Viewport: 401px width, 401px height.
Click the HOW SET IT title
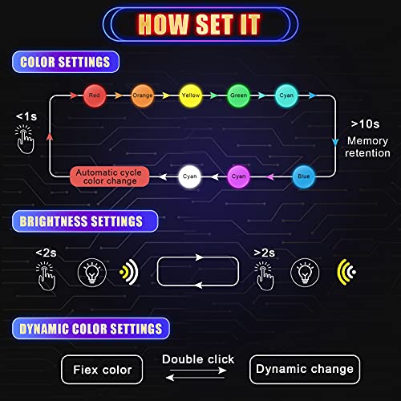(x=200, y=24)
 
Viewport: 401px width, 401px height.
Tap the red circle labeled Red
(x=95, y=95)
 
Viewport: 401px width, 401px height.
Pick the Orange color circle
(x=143, y=95)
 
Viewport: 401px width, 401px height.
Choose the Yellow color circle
(x=191, y=95)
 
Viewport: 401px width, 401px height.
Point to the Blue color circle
(x=303, y=174)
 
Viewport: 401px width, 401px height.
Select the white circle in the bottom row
(x=189, y=174)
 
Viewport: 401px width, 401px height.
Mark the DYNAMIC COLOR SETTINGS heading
(x=91, y=328)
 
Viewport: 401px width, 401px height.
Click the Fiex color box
(x=102, y=370)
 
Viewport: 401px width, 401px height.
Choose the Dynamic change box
(x=304, y=370)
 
